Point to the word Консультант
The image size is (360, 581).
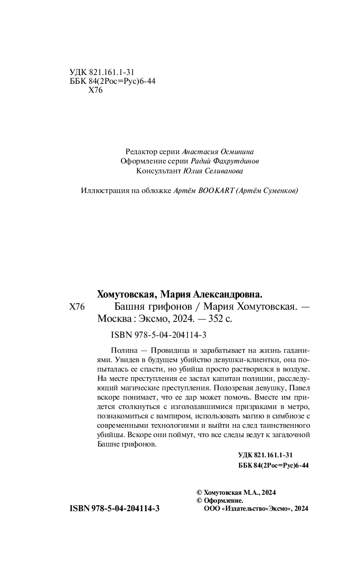tap(158, 171)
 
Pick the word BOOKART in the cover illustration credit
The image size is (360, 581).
tap(215, 191)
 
